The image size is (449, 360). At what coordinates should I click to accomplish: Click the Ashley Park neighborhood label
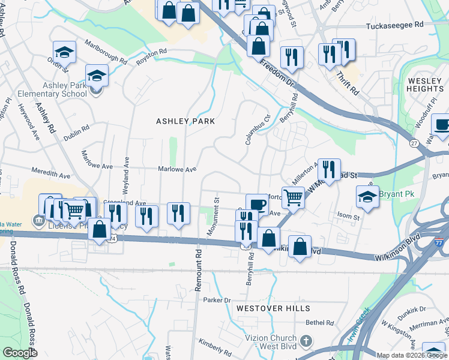coord(185,121)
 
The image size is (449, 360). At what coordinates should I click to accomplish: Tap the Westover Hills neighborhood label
coord(273,308)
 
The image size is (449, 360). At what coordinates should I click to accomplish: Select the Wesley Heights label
coord(425,85)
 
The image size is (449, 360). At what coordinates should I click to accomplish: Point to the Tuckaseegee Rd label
coord(395,26)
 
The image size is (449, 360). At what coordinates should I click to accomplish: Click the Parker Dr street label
coord(217,300)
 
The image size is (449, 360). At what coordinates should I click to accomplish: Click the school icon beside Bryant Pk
coord(367,195)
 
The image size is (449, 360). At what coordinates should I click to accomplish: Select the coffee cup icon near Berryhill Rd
coord(256,203)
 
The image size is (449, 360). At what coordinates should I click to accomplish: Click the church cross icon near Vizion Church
coord(306,342)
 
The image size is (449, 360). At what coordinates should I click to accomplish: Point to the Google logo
coord(20,353)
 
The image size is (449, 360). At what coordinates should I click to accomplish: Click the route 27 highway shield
coord(414,143)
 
